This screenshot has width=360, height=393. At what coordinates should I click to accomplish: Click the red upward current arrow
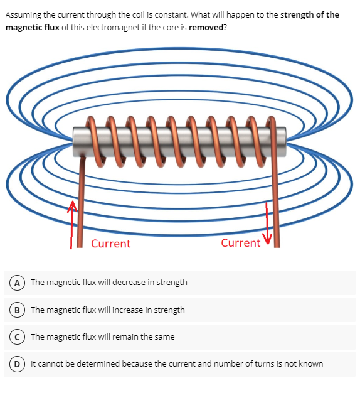[x=72, y=223]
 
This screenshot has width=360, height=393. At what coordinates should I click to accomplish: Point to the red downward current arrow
[x=268, y=223]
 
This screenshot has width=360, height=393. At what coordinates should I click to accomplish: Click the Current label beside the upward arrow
[x=110, y=244]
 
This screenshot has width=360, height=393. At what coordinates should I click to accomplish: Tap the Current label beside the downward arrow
[x=241, y=243]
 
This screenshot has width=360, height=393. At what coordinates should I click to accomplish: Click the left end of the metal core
[x=77, y=142]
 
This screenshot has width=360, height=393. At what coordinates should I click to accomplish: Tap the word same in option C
[x=164, y=336]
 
